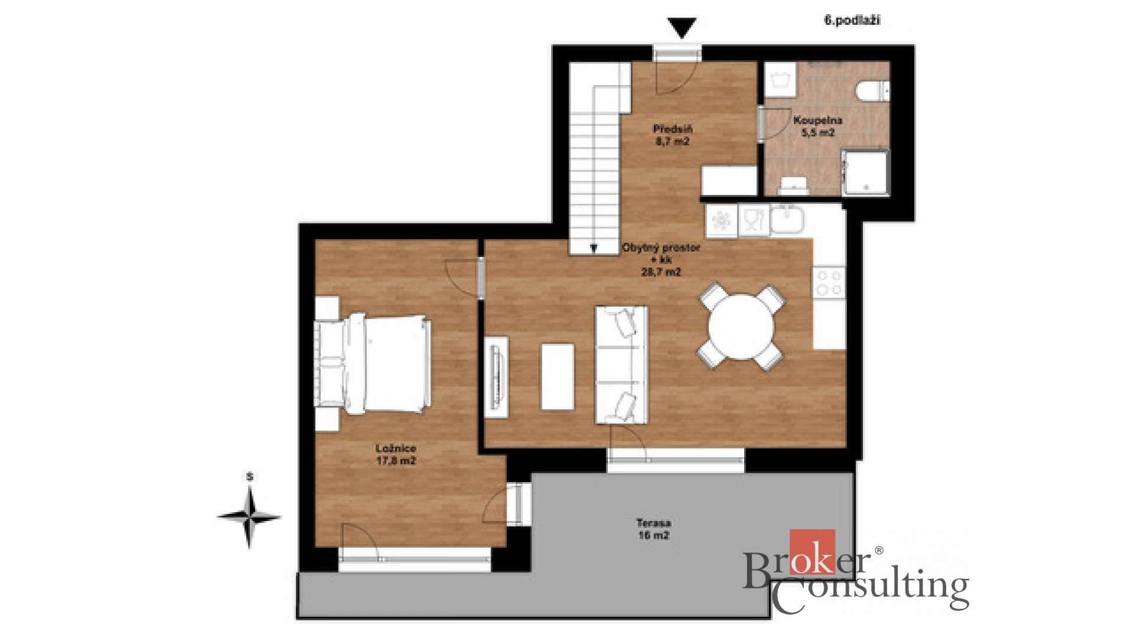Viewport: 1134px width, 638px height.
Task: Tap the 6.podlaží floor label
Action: point(852,21)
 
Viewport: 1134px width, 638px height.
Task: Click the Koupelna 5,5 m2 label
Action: point(817,126)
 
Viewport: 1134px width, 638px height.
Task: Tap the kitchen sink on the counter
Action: point(787,220)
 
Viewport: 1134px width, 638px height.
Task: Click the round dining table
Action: point(742,327)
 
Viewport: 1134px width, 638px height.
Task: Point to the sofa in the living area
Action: point(622,364)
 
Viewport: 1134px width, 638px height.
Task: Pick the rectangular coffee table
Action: point(558,377)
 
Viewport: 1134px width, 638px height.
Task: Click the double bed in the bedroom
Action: point(372,363)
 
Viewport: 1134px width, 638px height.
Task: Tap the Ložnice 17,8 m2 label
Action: point(396,454)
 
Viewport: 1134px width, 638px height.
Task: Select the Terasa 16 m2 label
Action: point(653,529)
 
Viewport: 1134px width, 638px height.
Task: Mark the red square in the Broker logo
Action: point(813,552)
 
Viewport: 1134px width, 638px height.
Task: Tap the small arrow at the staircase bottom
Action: point(594,249)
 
